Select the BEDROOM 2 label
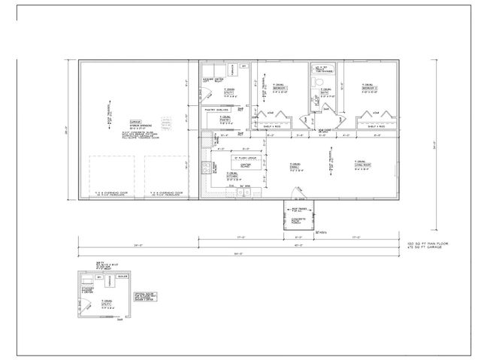pyautogui.click(x=368, y=86)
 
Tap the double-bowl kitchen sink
pyautogui.click(x=245, y=194)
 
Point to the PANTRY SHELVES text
pyautogui.click(x=216, y=110)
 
